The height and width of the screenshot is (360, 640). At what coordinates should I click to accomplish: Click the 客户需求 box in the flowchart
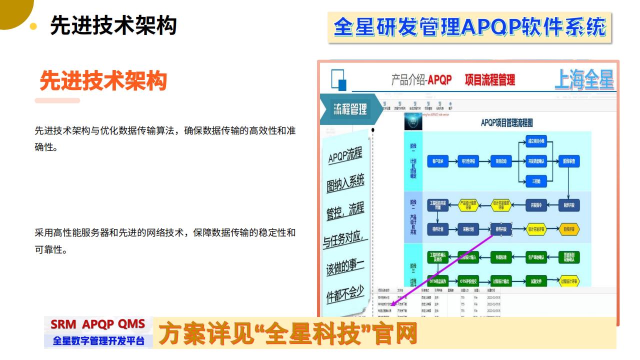click(438, 161)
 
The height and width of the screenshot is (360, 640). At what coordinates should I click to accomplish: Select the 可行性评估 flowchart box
click(468, 161)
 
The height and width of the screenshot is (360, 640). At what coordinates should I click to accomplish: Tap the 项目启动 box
click(501, 161)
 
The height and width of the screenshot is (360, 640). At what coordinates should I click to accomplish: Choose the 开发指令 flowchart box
click(536, 204)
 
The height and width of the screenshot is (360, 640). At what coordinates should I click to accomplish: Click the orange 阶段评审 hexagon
click(568, 229)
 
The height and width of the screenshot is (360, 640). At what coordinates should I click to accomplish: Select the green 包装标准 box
click(501, 257)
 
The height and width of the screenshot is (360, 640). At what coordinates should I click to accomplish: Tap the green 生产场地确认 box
click(536, 257)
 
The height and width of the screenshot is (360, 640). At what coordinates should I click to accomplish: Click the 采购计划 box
click(468, 229)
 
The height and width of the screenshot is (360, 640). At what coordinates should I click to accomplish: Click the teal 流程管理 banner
click(350, 108)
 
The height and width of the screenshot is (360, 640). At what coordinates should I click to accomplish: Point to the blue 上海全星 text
click(584, 80)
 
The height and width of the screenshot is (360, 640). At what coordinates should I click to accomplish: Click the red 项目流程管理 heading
click(489, 80)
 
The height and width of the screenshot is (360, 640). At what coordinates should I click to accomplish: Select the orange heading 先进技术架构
click(103, 80)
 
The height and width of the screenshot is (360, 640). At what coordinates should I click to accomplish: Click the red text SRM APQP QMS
click(98, 324)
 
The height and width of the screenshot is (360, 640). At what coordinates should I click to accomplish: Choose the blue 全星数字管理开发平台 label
click(98, 341)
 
